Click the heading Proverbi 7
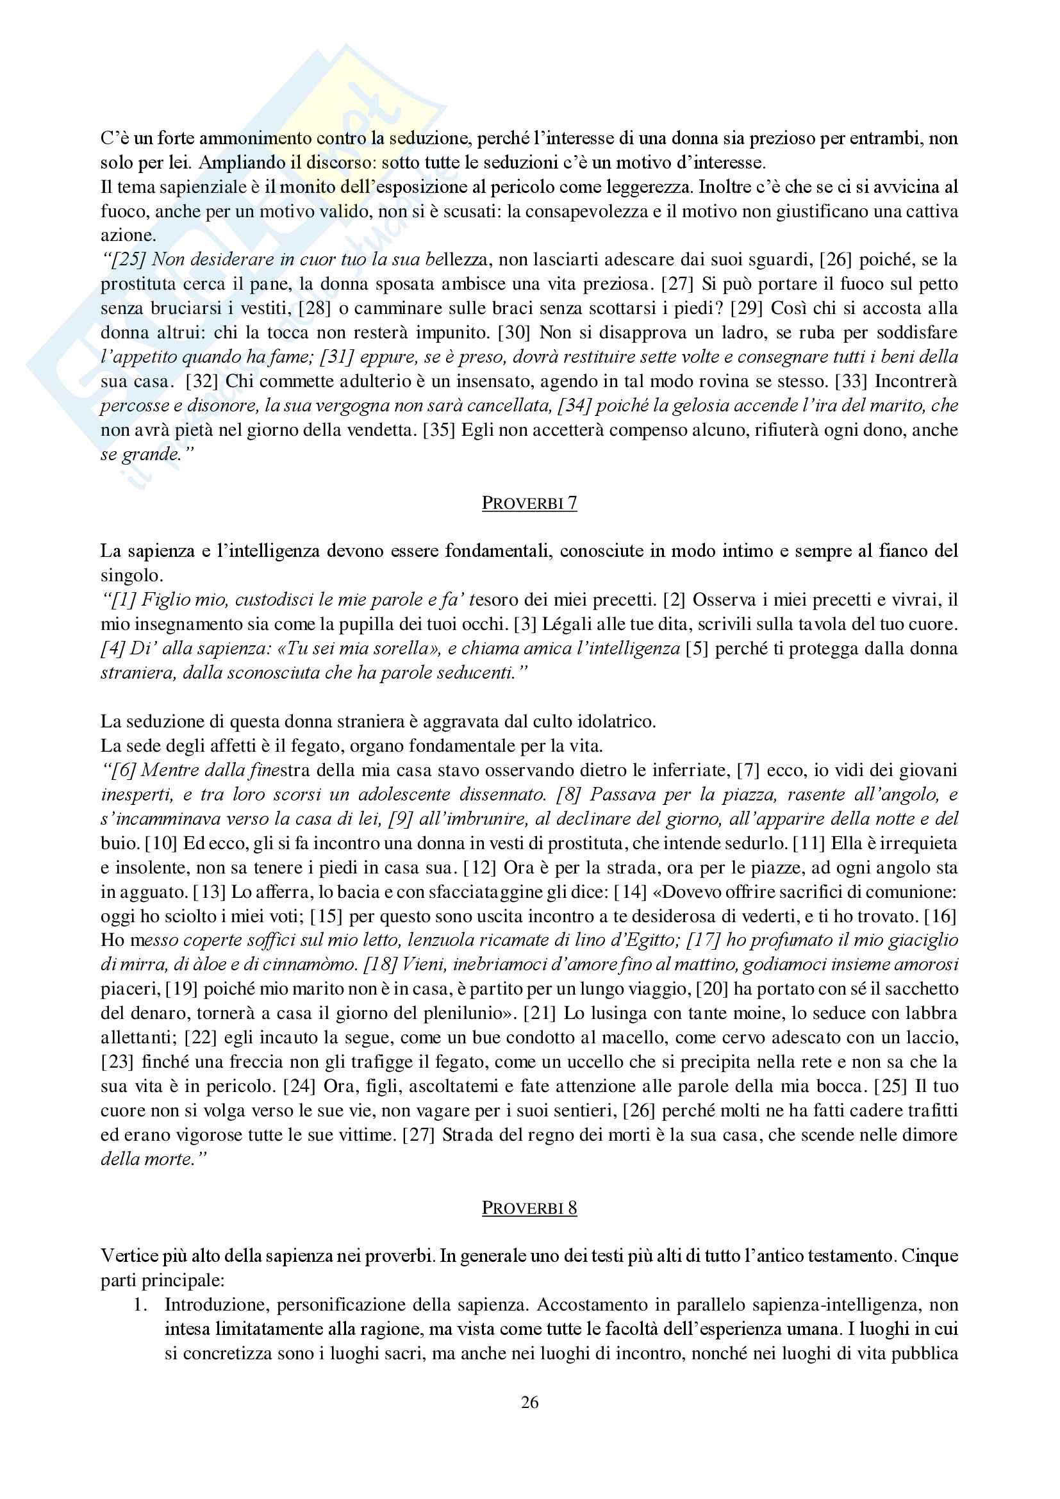(x=529, y=502)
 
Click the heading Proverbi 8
(x=529, y=1208)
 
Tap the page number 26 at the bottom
(x=529, y=1402)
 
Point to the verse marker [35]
(x=438, y=430)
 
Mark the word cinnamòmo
(x=311, y=965)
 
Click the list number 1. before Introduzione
(x=140, y=1305)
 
